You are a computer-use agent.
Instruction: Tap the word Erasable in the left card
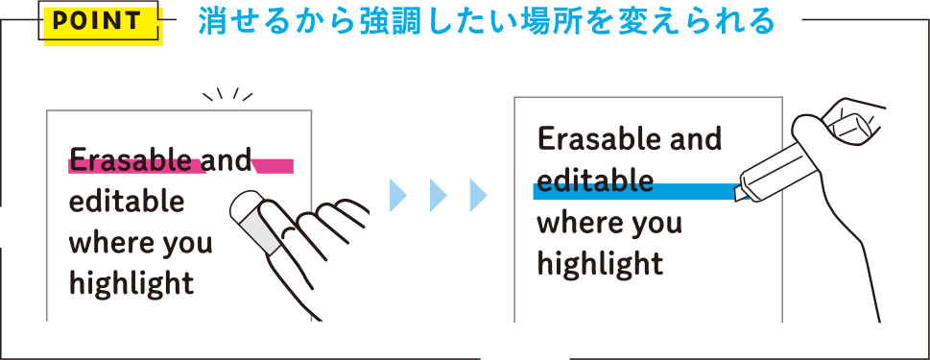click(130, 159)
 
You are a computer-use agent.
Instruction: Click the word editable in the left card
click(126, 203)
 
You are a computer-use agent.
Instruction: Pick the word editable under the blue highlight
click(595, 181)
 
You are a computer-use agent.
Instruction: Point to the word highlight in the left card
click(131, 284)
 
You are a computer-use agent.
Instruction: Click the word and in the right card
click(695, 140)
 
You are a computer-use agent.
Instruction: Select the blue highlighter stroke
click(633, 191)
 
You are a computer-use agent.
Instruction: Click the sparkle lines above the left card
click(228, 94)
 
